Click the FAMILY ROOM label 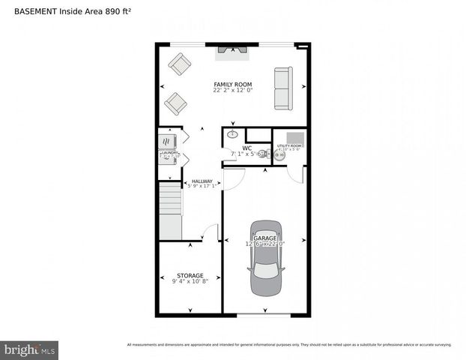(x=232, y=84)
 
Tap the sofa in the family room (x=283, y=88)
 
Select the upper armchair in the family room (x=179, y=64)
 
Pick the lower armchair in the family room (x=175, y=103)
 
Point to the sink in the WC (x=232, y=135)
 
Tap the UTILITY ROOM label (x=288, y=145)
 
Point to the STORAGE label (x=190, y=275)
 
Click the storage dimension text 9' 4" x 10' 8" (x=190, y=282)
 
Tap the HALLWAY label (x=202, y=181)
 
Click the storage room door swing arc (x=211, y=232)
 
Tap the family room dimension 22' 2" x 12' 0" (x=232, y=91)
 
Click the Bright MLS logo (x=29, y=349)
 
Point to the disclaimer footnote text (x=289, y=345)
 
